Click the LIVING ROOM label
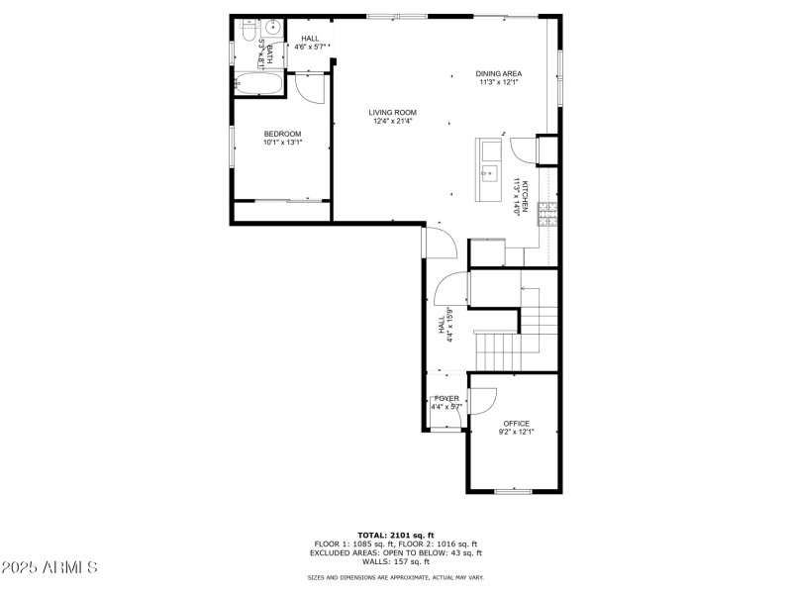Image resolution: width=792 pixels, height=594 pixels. [x=393, y=112]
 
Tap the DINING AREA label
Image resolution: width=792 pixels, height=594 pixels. [x=498, y=73]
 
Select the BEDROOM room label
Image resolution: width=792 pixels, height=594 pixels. [x=282, y=134]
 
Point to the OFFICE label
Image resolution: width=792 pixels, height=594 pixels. [x=516, y=423]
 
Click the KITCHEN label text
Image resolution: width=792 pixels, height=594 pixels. [x=526, y=197]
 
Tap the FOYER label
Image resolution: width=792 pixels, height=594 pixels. [x=446, y=398]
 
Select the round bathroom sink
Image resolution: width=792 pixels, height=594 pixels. [x=274, y=29]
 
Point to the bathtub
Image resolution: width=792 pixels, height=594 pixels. [x=258, y=83]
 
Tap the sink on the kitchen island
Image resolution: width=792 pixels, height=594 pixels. [x=488, y=173]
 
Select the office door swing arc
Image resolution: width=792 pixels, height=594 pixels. [x=483, y=401]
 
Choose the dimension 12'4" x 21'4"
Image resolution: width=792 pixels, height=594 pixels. [x=393, y=122]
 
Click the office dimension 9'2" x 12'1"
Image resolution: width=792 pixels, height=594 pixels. [x=516, y=433]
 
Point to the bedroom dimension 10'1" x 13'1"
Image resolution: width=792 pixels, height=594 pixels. [x=282, y=143]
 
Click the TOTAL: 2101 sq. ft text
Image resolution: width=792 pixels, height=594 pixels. [x=395, y=535]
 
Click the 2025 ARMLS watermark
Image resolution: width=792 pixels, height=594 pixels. [x=49, y=567]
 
